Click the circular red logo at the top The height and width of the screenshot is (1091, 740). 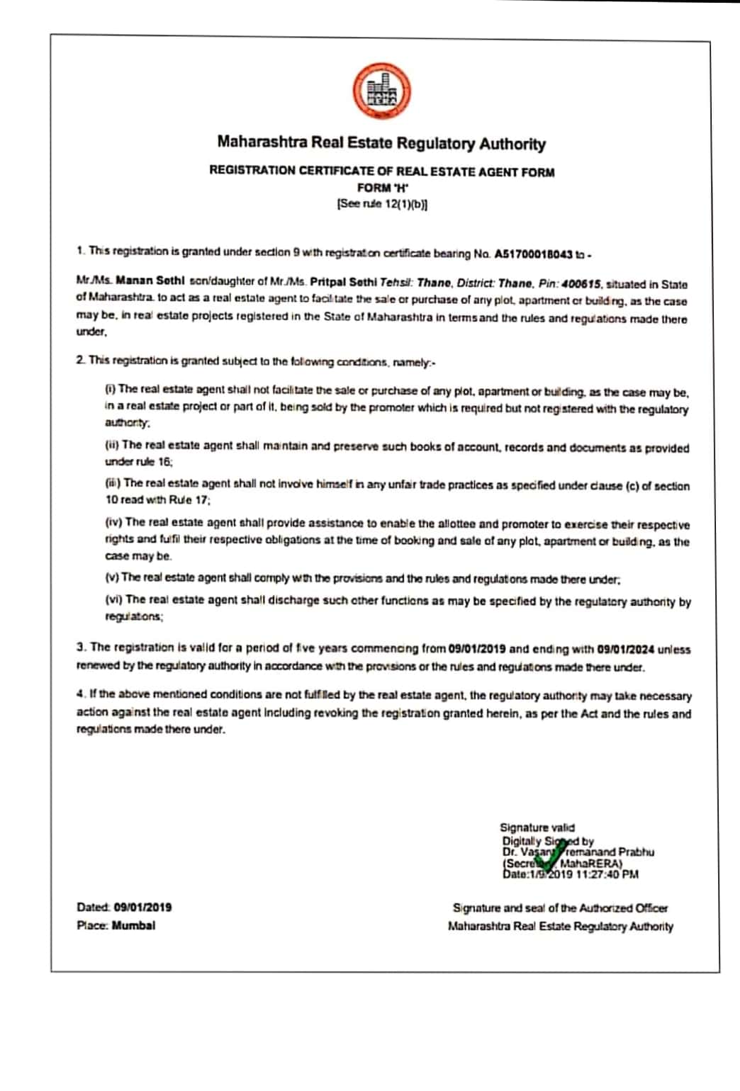[382, 93]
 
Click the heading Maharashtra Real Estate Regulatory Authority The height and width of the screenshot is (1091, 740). [381, 143]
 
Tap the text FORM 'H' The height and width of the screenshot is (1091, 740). [383, 188]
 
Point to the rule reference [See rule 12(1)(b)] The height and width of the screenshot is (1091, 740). [382, 204]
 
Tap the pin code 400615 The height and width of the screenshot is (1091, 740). [581, 284]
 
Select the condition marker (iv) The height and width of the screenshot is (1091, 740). [113, 522]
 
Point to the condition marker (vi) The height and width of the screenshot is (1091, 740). [113, 599]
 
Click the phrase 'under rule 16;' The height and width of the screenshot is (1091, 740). [139, 462]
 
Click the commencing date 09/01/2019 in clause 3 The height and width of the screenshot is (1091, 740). [477, 648]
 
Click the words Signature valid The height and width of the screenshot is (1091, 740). [537, 827]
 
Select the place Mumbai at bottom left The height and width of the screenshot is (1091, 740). [133, 926]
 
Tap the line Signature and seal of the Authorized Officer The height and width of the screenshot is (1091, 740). [560, 908]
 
